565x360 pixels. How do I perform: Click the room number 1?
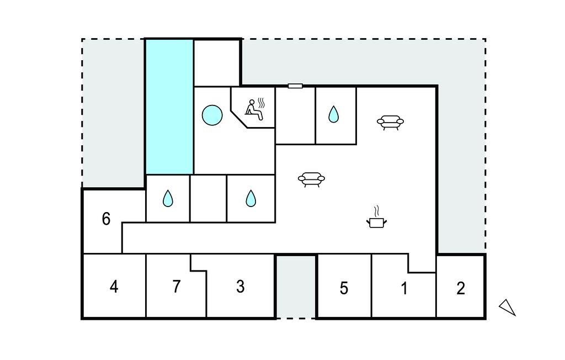coord(404,288)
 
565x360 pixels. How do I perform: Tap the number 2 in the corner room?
coord(461,288)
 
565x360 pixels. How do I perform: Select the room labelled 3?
coord(240,287)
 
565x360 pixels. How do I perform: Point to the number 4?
coord(114,287)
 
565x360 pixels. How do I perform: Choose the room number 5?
coord(344,288)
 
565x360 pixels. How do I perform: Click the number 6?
coord(106,219)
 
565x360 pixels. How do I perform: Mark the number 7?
coord(176,287)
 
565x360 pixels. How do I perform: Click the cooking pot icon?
coord(377,222)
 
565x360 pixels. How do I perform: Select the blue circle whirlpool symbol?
coord(212,115)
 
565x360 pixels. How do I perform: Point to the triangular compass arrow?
coord(508,308)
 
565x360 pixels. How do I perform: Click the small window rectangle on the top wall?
coord(295,86)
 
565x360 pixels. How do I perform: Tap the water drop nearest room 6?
coord(168,198)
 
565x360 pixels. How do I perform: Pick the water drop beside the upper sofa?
coord(333,114)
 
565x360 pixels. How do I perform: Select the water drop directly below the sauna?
coord(250,198)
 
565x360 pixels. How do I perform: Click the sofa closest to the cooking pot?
coord(311,179)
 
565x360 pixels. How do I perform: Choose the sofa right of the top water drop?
coord(390,122)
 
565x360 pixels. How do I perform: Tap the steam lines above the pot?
coord(377,210)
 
